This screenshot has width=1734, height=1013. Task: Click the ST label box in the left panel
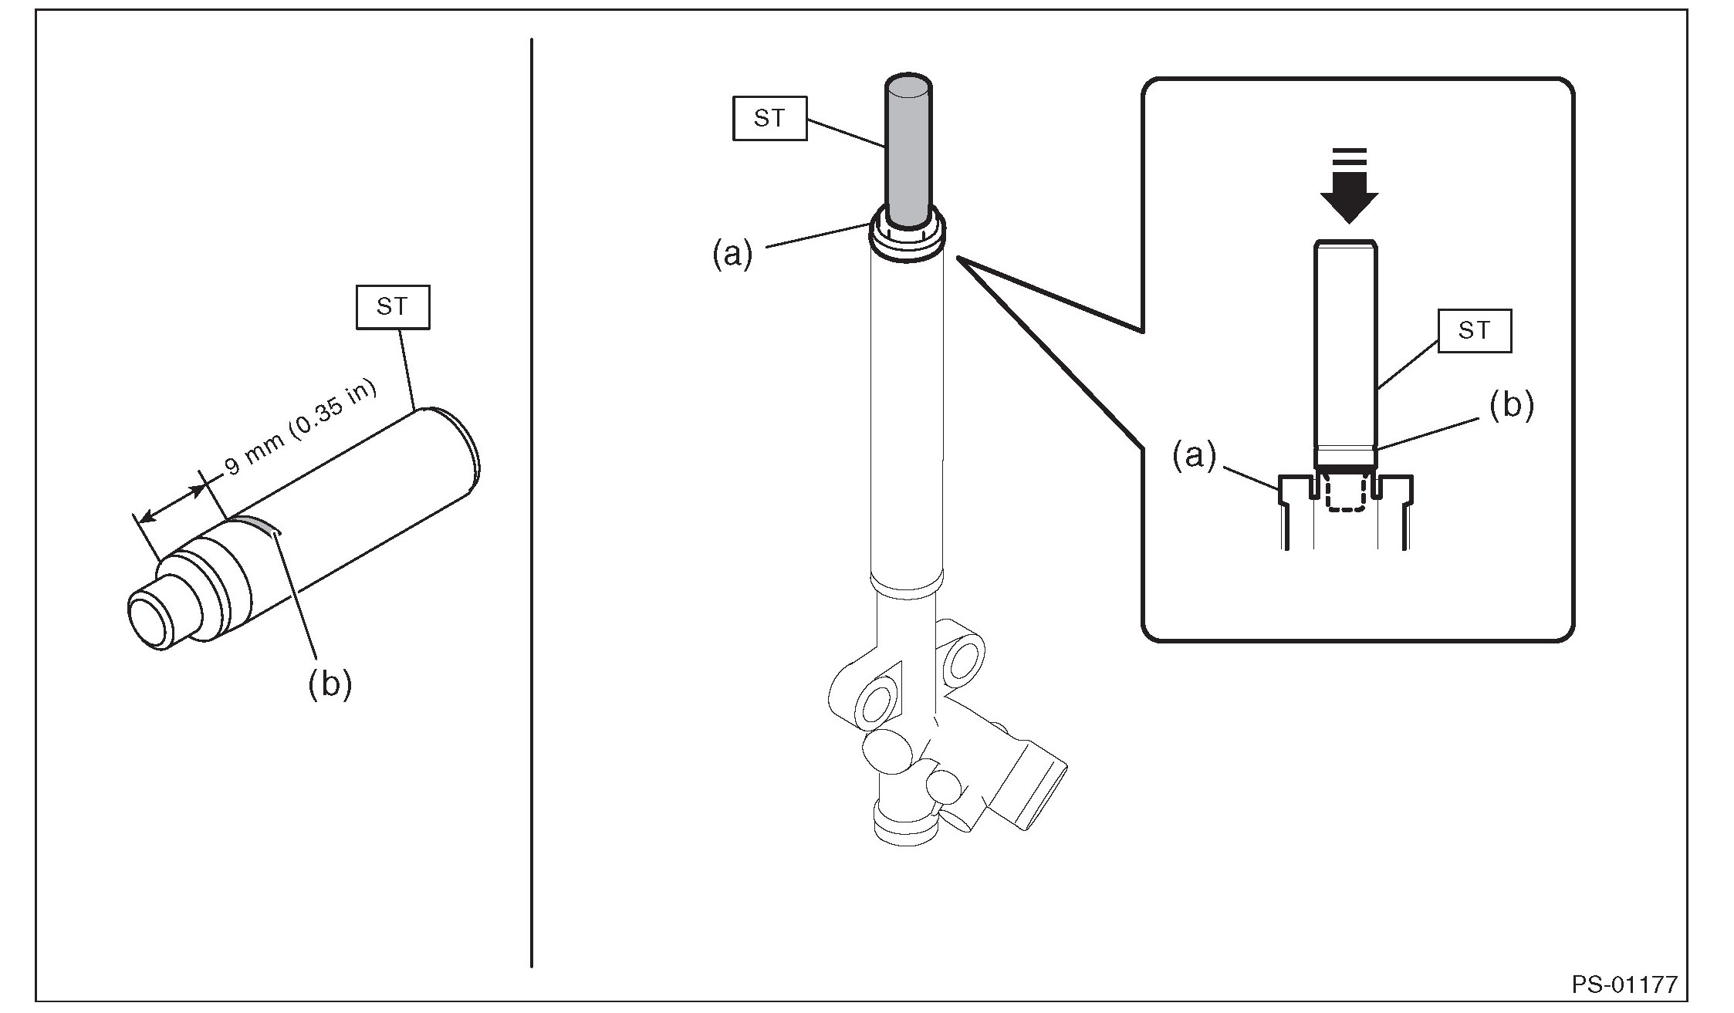point(392,307)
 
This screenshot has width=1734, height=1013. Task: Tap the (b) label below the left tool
point(330,682)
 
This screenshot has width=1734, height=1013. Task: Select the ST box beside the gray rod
point(769,118)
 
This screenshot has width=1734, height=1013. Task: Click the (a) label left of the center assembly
point(732,253)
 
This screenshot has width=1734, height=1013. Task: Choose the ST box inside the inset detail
point(1474,331)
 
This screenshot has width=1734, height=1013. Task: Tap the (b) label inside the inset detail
point(1511,405)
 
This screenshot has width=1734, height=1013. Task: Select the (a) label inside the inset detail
point(1195,455)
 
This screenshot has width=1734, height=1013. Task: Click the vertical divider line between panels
point(532,502)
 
